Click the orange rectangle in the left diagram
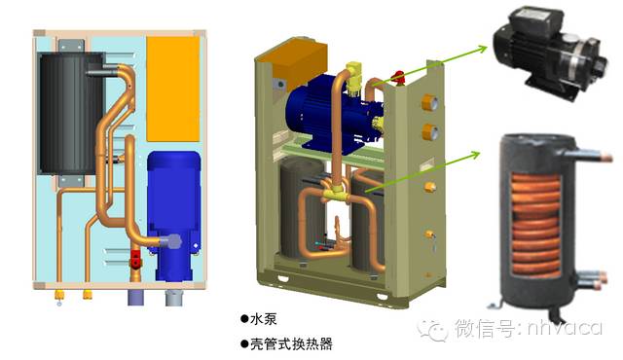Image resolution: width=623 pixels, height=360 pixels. coord(173,89)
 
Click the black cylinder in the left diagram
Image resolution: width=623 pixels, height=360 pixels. coord(71,114)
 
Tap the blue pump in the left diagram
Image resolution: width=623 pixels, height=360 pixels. coord(173,214)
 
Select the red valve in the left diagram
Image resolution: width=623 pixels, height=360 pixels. coord(135,261)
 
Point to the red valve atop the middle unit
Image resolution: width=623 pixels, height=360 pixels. coord(398,77)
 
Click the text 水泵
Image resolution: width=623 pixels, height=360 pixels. coord(264,319)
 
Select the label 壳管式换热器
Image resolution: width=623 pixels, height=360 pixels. coord(291,343)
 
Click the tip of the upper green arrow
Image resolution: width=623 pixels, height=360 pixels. coord(487,47)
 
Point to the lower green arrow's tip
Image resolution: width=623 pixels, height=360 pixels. coord(480,153)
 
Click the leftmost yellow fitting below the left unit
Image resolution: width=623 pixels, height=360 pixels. coord(59,295)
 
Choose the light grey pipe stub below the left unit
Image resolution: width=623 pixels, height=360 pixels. coord(173,298)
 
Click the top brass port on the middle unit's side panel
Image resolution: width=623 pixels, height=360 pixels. coord(429,103)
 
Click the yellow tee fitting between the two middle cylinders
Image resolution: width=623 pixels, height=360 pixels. coord(336,195)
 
